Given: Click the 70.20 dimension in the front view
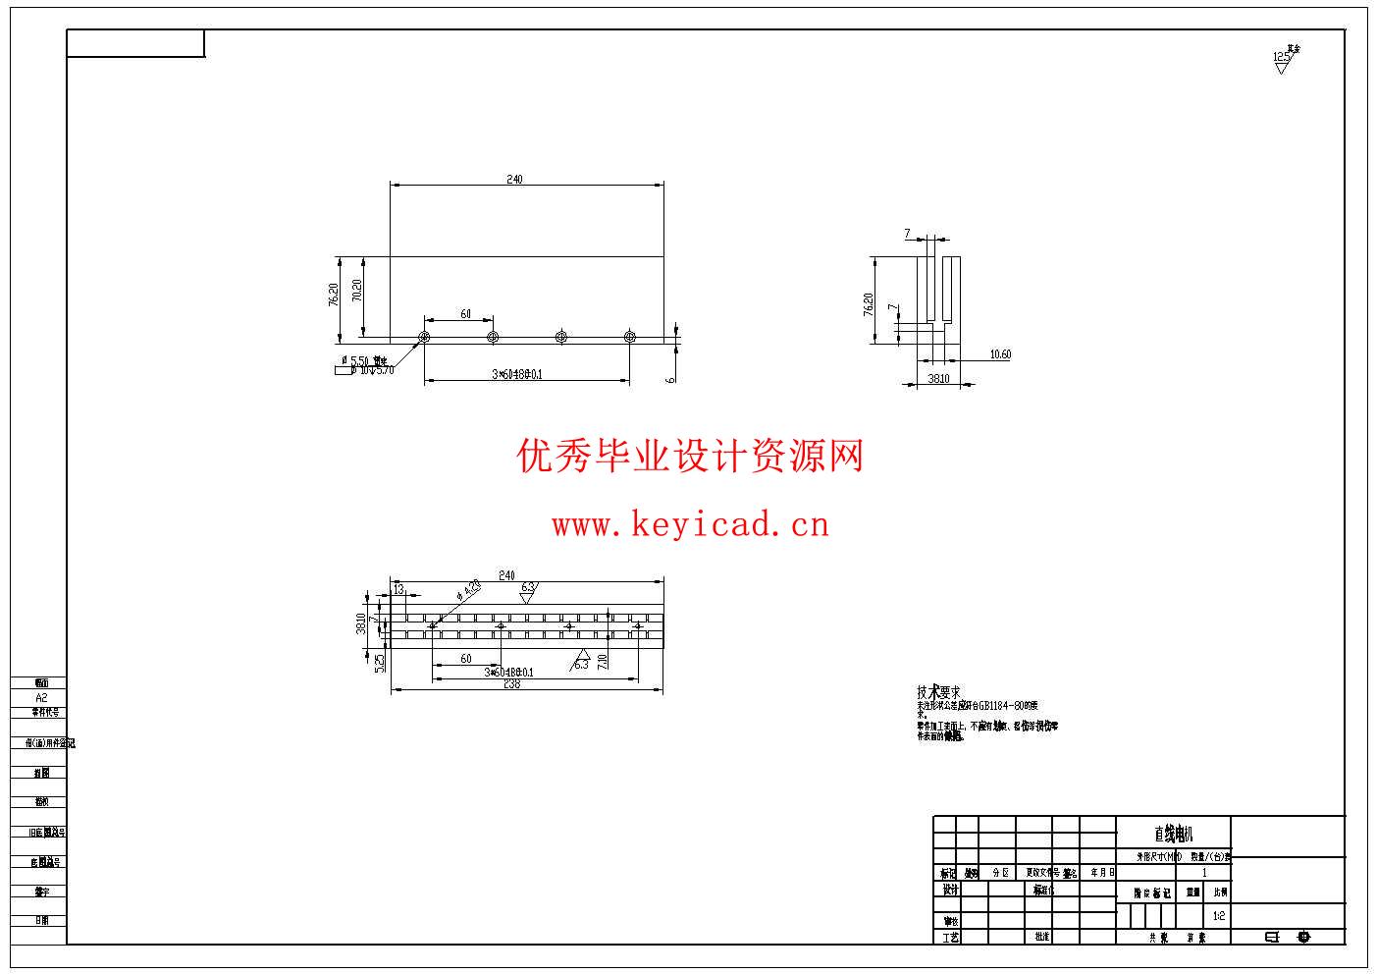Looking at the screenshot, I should (356, 291).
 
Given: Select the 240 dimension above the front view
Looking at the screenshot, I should (514, 179).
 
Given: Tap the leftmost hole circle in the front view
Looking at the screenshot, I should (424, 338).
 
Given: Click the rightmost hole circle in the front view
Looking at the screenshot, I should (630, 338).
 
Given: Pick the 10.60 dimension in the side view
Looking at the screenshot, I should (1000, 354).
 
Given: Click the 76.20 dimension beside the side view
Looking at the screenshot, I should (868, 303).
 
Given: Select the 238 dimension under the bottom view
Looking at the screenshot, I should (511, 684).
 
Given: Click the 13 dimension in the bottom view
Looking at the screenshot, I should (398, 588).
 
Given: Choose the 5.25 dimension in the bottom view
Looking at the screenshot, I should (379, 663).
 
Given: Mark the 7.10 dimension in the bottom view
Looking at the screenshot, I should (603, 661).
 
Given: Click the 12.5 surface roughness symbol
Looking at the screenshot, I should (1282, 59).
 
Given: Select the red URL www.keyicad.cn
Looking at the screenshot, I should (690, 525).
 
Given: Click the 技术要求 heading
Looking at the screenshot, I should (938, 692).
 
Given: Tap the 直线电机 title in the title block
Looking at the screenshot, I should (1173, 834).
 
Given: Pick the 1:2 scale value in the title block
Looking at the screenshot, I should (1219, 915).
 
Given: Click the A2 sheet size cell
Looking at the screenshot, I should (40, 697).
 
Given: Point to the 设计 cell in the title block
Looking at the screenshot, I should (949, 890).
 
